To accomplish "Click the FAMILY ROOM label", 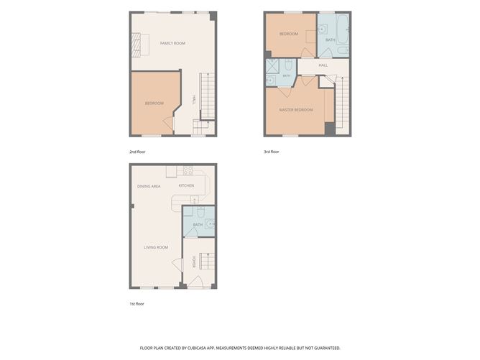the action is tap(172, 43).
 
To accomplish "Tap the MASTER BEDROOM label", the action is tap(296, 110).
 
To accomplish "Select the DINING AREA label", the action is tap(149, 186).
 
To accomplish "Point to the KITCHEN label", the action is tap(186, 185).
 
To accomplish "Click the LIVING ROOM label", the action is tap(156, 247).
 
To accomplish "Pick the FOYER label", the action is tap(194, 262).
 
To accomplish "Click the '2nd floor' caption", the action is tap(137, 152).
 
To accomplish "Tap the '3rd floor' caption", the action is tap(272, 152).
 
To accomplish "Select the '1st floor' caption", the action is tap(137, 304).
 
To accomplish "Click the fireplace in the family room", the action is tap(137, 45).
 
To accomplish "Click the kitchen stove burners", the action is tap(188, 170).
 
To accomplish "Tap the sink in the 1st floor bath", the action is tap(210, 223).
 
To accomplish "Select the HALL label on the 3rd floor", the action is tap(323, 65).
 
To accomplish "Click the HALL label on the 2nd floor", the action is tap(194, 100).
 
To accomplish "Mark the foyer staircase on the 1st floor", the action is tap(207, 261).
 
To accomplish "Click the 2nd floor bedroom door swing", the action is tap(168, 124).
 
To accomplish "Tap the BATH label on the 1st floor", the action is tap(198, 225).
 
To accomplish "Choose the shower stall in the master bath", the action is tap(272, 66).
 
